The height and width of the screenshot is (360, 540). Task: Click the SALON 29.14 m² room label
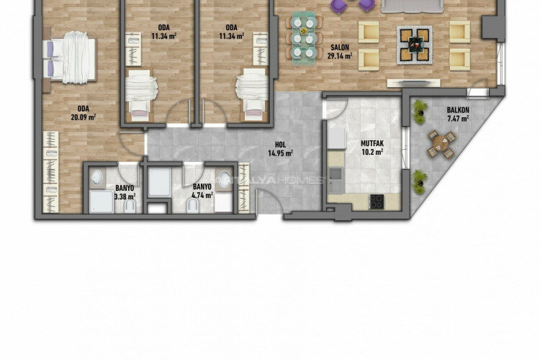click(x=338, y=51)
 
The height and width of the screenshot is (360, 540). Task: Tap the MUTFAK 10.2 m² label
click(x=372, y=148)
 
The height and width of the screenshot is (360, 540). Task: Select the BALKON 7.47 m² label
click(x=458, y=113)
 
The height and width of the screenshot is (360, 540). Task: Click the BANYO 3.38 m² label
click(x=125, y=192)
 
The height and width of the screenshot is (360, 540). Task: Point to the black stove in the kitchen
click(x=376, y=201)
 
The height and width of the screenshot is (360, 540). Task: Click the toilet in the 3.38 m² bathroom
click(x=129, y=207)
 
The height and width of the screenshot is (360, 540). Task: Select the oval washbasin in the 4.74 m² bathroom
click(x=226, y=181)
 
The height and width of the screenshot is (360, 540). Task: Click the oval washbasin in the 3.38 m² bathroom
click(x=99, y=181)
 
